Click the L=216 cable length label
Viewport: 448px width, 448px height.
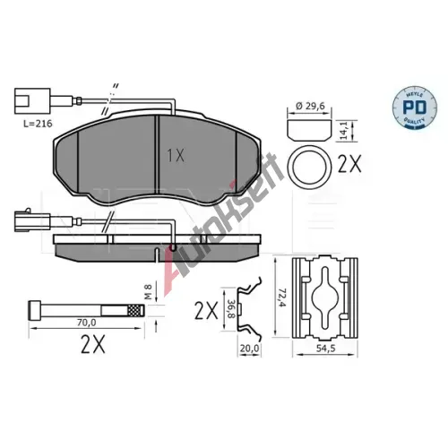coord(38,124)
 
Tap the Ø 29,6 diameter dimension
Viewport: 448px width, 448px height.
coord(310,106)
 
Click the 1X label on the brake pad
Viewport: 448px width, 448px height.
coord(176,155)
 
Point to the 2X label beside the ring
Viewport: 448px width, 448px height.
coord(349,164)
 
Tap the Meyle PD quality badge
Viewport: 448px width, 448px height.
coord(415,107)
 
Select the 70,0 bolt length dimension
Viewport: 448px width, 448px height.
coord(87,323)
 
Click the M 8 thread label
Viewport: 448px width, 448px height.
coord(149,292)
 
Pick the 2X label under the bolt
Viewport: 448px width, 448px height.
coord(93,344)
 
